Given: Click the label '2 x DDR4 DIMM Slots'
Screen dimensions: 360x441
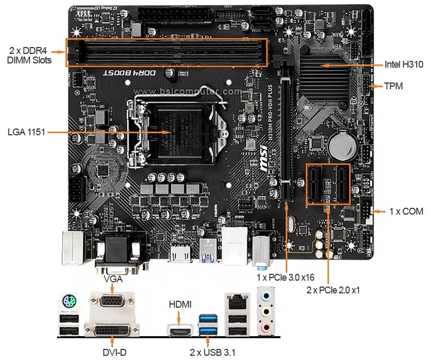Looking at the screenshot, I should (30, 56).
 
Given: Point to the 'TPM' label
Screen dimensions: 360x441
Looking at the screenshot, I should (393, 86).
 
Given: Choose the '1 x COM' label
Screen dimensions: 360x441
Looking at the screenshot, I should (406, 211).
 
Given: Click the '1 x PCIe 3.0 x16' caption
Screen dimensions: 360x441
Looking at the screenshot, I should (285, 277).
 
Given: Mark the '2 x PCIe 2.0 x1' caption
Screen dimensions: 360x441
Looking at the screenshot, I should (333, 290).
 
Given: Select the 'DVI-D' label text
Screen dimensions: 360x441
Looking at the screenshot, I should (114, 352).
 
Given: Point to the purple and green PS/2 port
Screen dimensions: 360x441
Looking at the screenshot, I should (69, 302).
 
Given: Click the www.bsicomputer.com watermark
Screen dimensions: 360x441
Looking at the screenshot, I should (187, 91).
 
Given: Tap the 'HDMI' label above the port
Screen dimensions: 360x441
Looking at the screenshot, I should (180, 304).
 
